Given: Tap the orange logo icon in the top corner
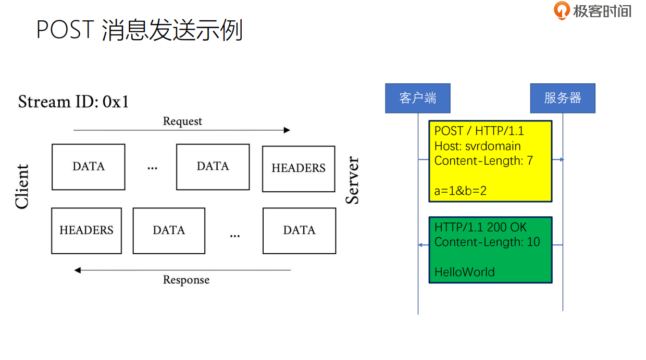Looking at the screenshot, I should click(x=562, y=10).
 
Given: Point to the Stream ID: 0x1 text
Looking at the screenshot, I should click(x=73, y=101).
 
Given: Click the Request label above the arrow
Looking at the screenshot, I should click(x=182, y=121).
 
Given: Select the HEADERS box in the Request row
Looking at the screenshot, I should click(x=299, y=168).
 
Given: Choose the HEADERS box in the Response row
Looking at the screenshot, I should click(x=86, y=231).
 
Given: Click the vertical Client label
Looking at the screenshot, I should click(x=22, y=187).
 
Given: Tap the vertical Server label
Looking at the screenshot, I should click(x=353, y=180).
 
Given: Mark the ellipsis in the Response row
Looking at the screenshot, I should click(x=235, y=234).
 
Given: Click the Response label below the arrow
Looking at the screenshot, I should click(x=186, y=280).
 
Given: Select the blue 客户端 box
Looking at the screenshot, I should click(x=417, y=98).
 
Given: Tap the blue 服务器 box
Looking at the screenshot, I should click(x=562, y=98).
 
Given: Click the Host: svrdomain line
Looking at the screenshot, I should click(x=477, y=146).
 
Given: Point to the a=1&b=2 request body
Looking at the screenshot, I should click(x=461, y=191).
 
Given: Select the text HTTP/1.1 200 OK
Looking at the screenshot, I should click(x=480, y=227).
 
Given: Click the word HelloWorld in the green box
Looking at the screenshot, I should click(x=464, y=271).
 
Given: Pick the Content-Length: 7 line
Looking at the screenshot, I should click(x=483, y=160).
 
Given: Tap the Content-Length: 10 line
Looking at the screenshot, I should click(x=487, y=242).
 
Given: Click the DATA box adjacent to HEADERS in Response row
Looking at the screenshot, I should click(x=169, y=231).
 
